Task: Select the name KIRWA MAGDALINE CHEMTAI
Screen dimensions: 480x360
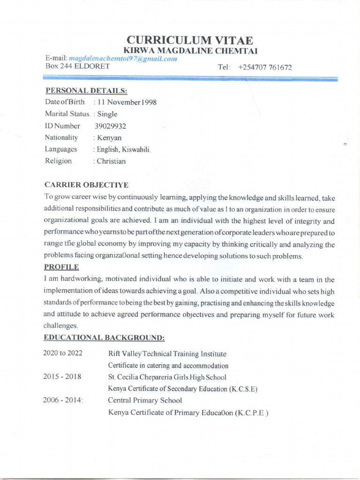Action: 190,51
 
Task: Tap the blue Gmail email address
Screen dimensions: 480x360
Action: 123,59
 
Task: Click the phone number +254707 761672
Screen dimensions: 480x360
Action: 265,67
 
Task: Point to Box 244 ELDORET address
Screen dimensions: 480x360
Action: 77,67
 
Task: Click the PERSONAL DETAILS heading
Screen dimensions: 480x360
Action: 86,90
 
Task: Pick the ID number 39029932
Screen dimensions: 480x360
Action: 110,126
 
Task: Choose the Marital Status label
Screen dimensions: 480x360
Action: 67,114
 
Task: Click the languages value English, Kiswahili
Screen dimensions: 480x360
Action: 122,150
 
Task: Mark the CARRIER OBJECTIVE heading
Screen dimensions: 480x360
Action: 86,185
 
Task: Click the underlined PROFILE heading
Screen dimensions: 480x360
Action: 61,267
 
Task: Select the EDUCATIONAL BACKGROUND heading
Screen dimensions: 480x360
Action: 104,337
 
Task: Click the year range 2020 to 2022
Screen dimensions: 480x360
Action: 63,353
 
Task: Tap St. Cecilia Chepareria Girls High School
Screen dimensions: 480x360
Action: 167,377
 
